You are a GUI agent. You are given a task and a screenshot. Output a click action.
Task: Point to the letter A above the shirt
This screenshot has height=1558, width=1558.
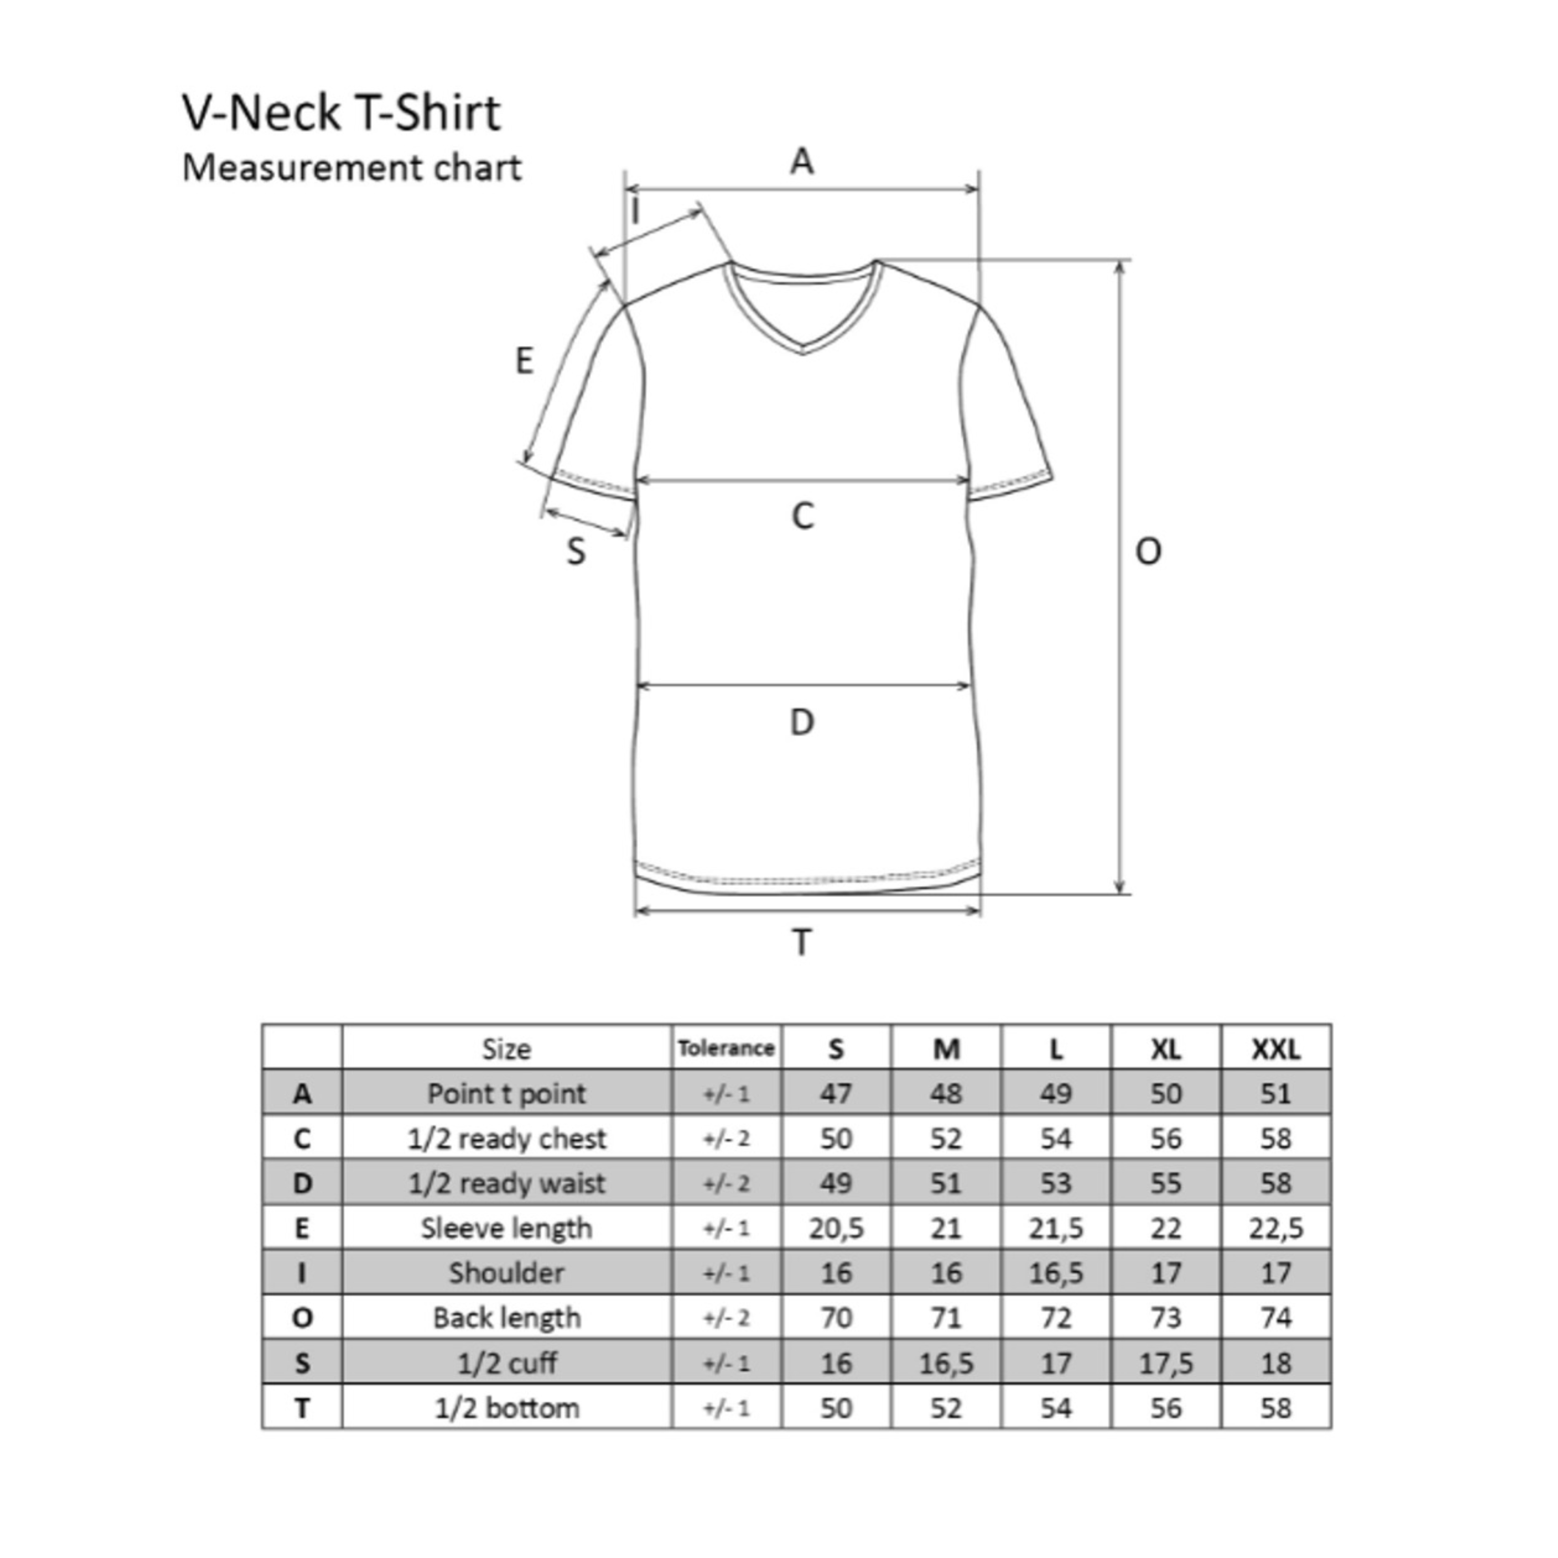pyautogui.click(x=802, y=161)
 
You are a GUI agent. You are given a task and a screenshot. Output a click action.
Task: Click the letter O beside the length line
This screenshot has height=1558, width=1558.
pyautogui.click(x=1147, y=552)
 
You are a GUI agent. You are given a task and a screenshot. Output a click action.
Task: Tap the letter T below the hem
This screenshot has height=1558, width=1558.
pyautogui.click(x=802, y=942)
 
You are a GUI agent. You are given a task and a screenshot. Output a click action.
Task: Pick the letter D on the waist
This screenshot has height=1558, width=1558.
pyautogui.click(x=802, y=723)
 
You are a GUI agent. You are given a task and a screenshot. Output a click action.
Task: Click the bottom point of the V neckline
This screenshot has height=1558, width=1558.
pyautogui.click(x=803, y=352)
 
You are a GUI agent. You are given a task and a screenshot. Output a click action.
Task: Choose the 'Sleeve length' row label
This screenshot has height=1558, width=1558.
pyautogui.click(x=506, y=1228)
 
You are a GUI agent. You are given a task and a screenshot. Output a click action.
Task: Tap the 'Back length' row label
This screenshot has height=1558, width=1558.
pyautogui.click(x=506, y=1318)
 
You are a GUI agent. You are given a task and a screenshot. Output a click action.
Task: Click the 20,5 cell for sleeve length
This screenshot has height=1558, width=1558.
pyautogui.click(x=836, y=1228)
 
